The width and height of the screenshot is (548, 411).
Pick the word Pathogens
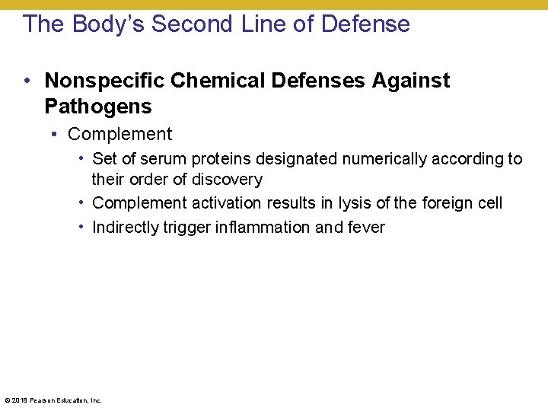tap(98, 106)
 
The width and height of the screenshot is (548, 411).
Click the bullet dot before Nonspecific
tap(27, 81)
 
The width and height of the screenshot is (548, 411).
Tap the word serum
tap(162, 159)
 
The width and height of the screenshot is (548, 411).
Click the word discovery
tap(226, 180)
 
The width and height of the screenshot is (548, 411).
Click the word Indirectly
tap(125, 227)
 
